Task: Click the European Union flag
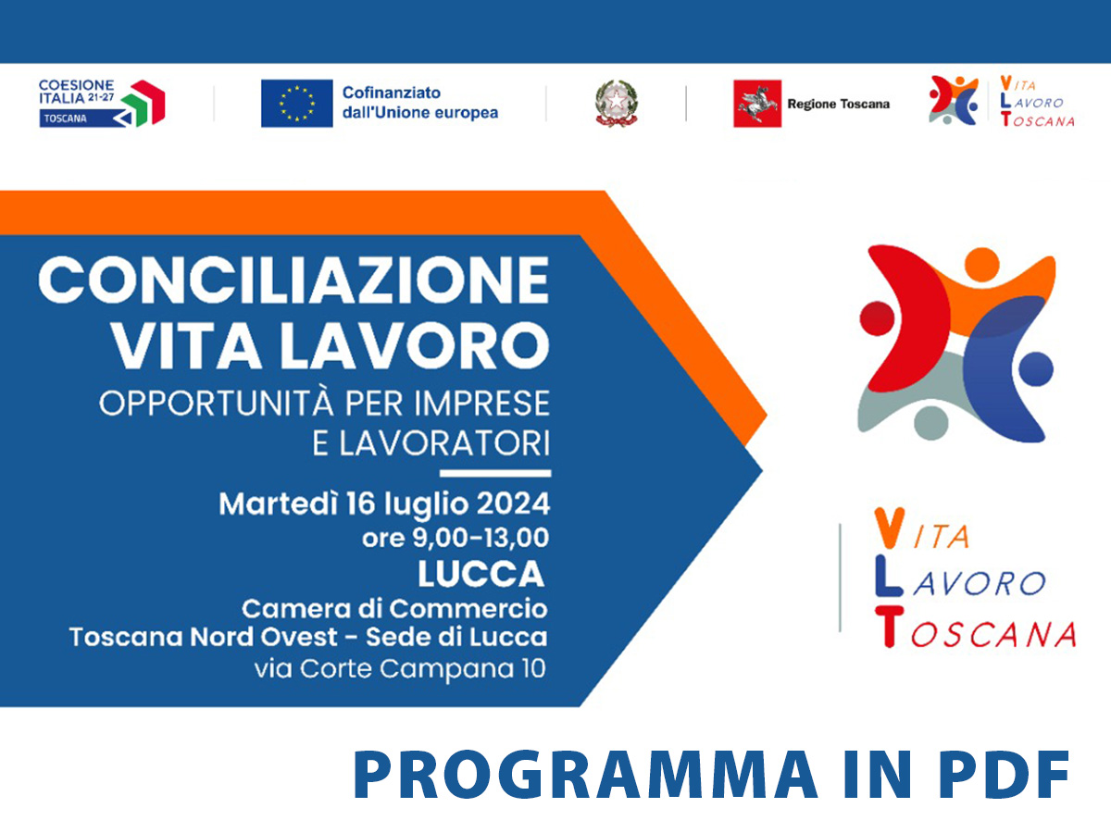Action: coord(296,103)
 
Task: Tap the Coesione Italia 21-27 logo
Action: coord(102,103)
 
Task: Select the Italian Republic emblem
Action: coord(616,103)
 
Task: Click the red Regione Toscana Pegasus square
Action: coord(757,103)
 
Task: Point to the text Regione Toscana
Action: coord(838,105)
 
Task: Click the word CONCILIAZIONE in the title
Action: coord(294,280)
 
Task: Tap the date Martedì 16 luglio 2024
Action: coord(384,504)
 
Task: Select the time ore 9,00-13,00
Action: coord(456,538)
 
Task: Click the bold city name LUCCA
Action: coord(481,574)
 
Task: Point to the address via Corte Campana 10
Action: coord(400,668)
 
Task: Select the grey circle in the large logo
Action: coord(931,423)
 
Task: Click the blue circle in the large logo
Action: coord(1036,368)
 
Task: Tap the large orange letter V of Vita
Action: coord(890,528)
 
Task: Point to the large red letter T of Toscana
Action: coord(890,628)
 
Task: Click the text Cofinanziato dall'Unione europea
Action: coord(420,103)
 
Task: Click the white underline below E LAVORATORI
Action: coord(495,473)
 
